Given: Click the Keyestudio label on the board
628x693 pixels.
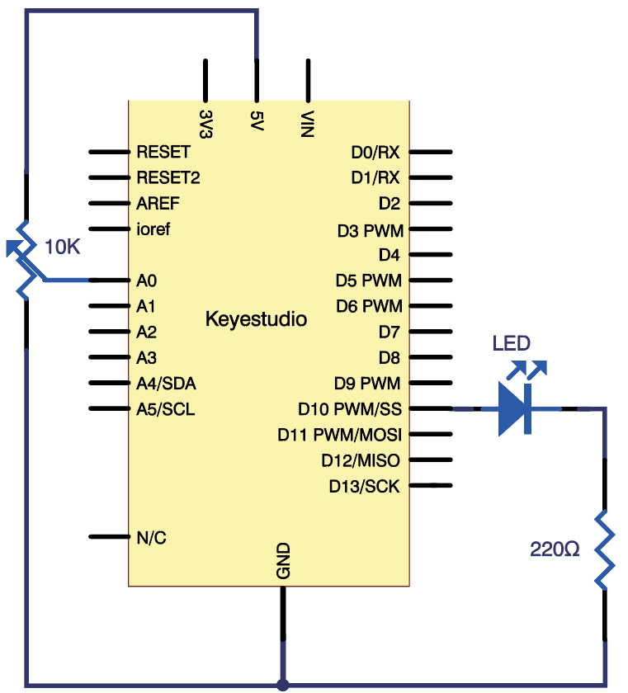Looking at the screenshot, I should (256, 319).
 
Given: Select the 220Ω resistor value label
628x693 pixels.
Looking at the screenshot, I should (555, 549).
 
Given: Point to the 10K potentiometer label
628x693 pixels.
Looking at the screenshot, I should (63, 246).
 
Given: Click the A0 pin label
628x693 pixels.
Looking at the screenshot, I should (147, 281).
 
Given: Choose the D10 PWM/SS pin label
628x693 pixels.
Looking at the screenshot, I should (349, 408).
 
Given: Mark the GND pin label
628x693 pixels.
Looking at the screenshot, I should (283, 561).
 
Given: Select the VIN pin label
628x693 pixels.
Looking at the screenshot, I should (308, 124).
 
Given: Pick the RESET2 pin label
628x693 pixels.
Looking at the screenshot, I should (168, 177).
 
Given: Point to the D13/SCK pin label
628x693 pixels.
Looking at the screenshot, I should (364, 486).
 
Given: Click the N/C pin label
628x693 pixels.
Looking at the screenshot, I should (151, 538).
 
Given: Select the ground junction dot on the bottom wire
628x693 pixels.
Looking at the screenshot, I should (283, 685).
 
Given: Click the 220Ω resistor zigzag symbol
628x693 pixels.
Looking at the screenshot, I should (605, 549).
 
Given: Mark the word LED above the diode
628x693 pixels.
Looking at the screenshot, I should (512, 343).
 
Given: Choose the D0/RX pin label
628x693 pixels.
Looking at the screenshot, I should (375, 153).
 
